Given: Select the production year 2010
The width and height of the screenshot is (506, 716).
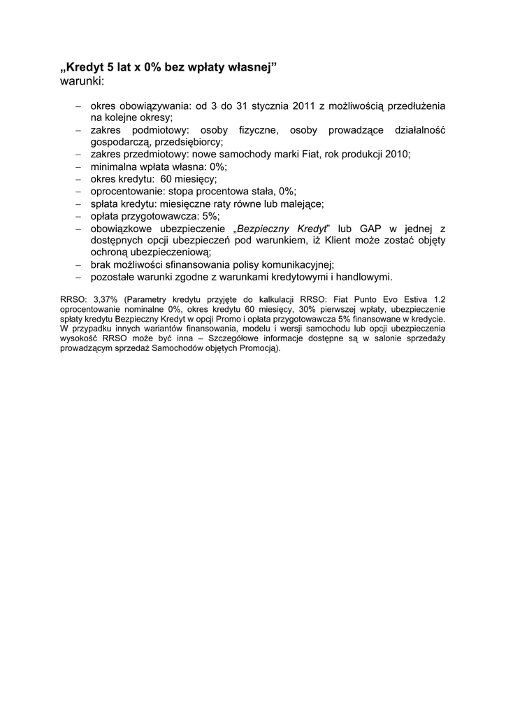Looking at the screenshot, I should [396, 154].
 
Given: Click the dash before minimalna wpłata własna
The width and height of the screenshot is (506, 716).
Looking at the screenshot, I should [79, 166].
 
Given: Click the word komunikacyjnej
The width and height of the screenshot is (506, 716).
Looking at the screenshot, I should [298, 264].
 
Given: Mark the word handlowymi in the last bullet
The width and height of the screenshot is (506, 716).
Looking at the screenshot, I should [361, 276].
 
